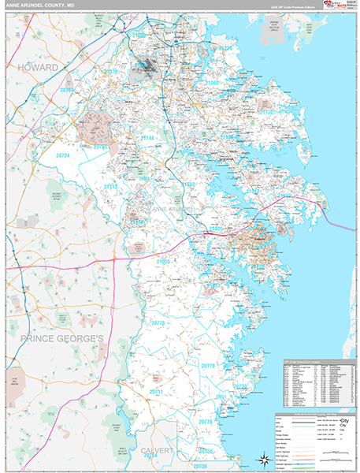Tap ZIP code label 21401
[x=216, y=228]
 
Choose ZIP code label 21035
[x=163, y=260]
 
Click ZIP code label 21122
[x=267, y=113]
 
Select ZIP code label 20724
[x=63, y=155]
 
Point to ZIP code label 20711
[x=156, y=391]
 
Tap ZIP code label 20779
[x=206, y=423]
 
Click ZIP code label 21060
[x=212, y=82]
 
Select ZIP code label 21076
[x=110, y=72]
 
